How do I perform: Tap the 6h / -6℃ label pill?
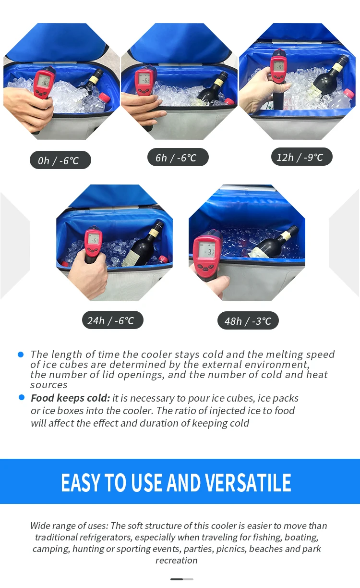(x=176, y=157)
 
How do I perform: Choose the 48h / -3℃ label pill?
(x=248, y=320)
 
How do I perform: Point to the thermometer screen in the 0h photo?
(x=45, y=81)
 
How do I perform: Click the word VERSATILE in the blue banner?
(x=248, y=482)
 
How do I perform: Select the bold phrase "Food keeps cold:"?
(x=70, y=398)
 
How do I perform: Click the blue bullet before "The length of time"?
(x=21, y=355)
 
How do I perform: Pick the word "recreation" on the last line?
(x=176, y=560)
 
